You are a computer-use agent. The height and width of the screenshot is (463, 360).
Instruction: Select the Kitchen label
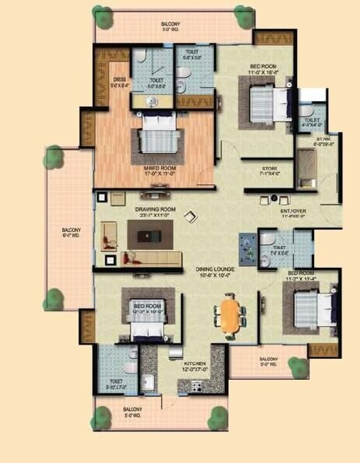tap(194, 363)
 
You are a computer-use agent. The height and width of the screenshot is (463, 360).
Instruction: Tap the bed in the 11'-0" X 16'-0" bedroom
tap(269, 101)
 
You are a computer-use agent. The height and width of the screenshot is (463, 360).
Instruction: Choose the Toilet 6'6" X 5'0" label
tap(193, 56)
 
